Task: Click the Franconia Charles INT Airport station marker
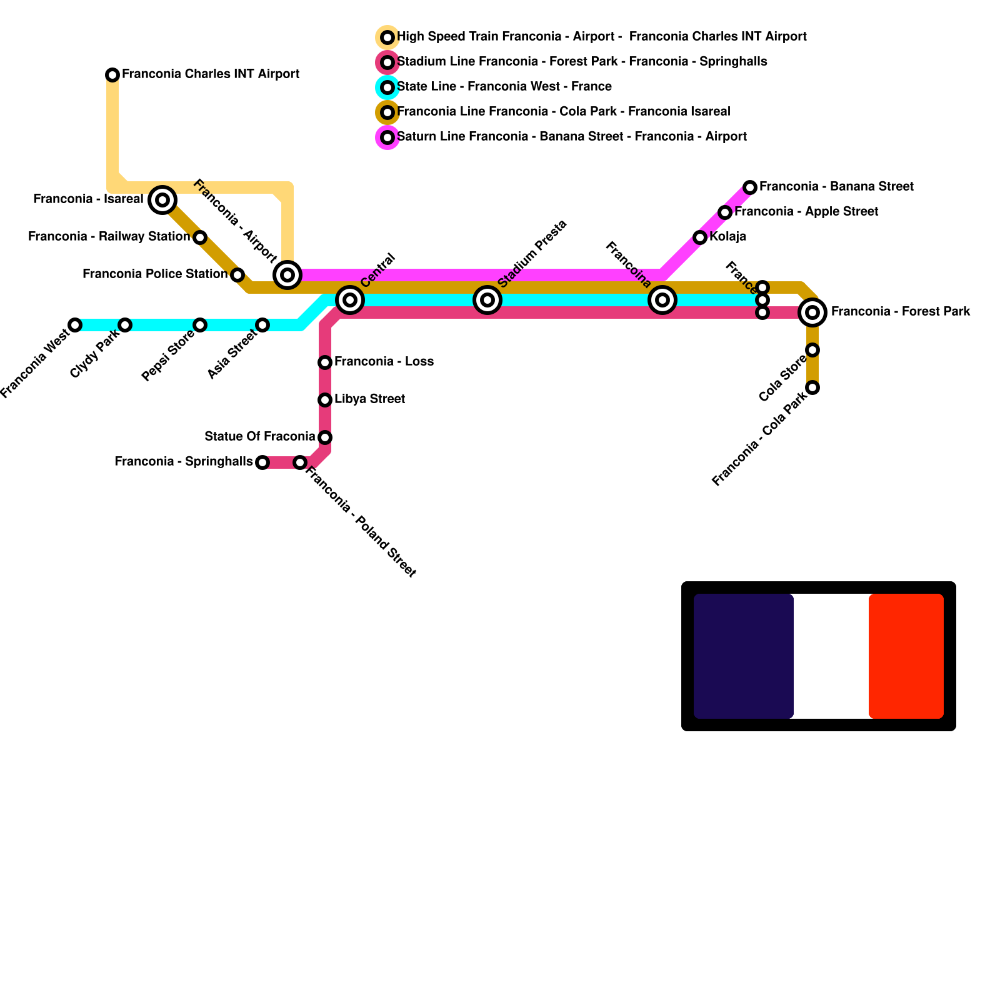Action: point(112,75)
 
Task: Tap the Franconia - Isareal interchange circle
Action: point(162,200)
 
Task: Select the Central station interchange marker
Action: point(350,300)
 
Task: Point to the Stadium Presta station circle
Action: point(487,300)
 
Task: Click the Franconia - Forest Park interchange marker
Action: point(812,312)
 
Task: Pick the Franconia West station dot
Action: point(75,325)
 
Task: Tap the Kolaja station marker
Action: point(700,237)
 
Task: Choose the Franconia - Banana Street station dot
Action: point(750,187)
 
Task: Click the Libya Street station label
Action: point(369,399)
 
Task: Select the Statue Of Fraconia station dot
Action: point(325,437)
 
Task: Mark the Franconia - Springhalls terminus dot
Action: point(262,462)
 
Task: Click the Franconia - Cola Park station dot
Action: point(812,387)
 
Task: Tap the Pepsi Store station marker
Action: point(200,325)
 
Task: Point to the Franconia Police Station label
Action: point(154,274)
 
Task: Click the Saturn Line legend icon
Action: point(387,137)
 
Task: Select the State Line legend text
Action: point(504,87)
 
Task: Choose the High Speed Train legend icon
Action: point(387,37)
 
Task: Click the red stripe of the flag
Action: point(906,656)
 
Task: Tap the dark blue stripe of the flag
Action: point(744,656)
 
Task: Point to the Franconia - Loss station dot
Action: point(325,362)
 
